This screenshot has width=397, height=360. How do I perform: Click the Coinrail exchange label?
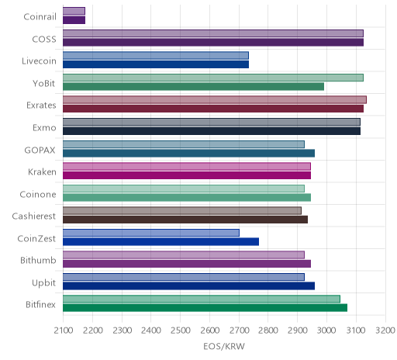(x=40, y=16)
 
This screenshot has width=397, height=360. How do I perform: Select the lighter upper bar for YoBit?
(x=213, y=78)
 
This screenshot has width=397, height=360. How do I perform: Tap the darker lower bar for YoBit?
(x=193, y=87)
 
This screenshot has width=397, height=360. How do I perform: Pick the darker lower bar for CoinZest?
(x=161, y=242)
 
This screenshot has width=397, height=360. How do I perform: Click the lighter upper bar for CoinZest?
(x=151, y=233)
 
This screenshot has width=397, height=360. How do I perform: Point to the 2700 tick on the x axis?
(x=239, y=331)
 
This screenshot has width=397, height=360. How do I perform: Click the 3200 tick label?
(x=385, y=331)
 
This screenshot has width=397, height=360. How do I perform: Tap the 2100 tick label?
(x=64, y=331)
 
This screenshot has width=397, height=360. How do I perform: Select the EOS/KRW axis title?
(x=224, y=346)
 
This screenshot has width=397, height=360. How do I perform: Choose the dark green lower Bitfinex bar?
(x=205, y=308)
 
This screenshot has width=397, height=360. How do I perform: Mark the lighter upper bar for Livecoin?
(x=156, y=55)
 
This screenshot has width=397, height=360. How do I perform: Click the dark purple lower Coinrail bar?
(x=74, y=20)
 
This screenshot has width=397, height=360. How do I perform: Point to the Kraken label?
(x=42, y=172)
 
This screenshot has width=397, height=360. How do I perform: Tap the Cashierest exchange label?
(x=34, y=216)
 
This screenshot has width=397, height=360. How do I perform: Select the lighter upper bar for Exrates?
(x=215, y=100)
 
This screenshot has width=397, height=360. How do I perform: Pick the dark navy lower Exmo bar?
(x=212, y=131)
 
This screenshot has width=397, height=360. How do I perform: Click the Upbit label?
(x=43, y=282)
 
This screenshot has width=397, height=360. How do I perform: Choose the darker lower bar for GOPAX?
(x=188, y=153)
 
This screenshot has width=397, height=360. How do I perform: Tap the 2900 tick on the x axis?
(x=297, y=331)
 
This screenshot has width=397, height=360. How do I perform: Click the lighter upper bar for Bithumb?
(x=184, y=255)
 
